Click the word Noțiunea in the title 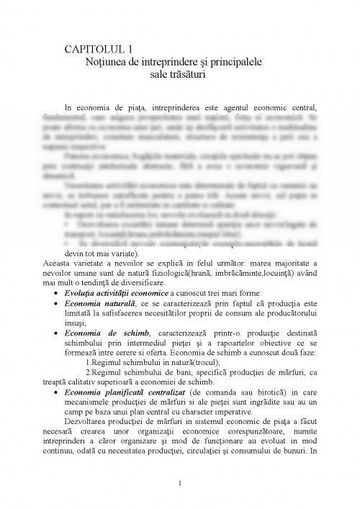tap(110, 63)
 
